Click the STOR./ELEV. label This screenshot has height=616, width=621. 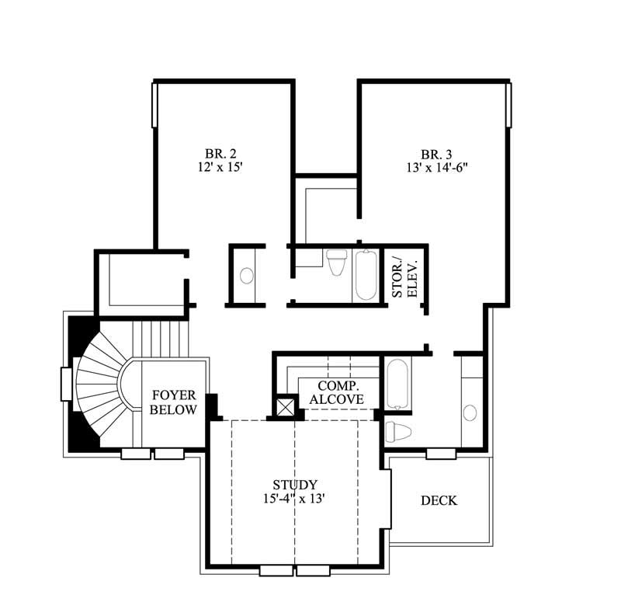pos(404,277)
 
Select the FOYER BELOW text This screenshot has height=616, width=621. pos(173,402)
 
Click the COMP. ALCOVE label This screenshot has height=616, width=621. pos(336,392)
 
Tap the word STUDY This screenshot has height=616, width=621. pos(294,485)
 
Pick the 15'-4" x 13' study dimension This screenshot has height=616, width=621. pos(294,499)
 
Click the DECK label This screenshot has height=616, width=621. pos(439,501)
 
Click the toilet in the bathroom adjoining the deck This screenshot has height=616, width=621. pos(396,431)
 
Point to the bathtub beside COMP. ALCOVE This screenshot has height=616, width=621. pos(396,383)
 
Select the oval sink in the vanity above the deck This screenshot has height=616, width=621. pos(470,412)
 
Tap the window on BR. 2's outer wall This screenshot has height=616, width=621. pos(154,105)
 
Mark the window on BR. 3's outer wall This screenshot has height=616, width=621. pos(510,105)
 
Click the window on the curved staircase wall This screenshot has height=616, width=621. pos(66,383)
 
